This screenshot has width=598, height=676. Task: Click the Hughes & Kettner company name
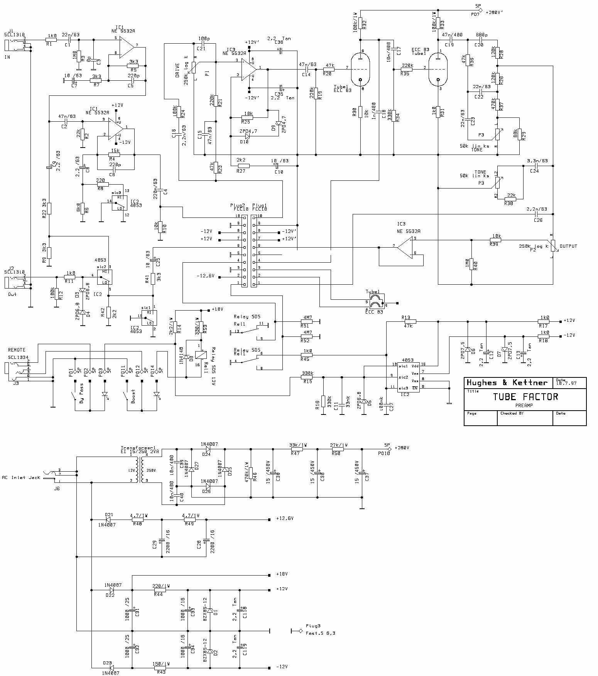coord(507,383)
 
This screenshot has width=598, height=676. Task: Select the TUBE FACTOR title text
coord(525,397)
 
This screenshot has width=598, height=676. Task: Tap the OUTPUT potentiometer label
coord(568,246)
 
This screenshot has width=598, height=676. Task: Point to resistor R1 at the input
coord(51,39)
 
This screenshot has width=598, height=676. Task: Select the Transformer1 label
coord(134,449)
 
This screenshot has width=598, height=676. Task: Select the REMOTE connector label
coord(17,350)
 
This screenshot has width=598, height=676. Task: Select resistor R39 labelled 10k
coord(496,240)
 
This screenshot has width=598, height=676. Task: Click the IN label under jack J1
coord(7,57)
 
